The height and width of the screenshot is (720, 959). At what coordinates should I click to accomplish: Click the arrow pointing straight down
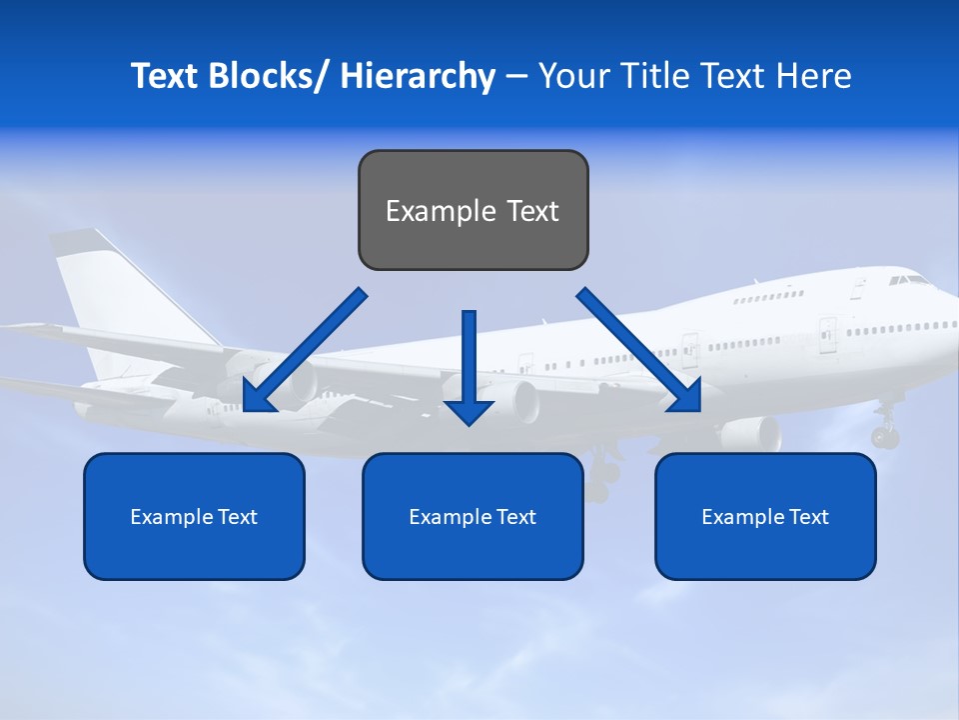pyautogui.click(x=469, y=370)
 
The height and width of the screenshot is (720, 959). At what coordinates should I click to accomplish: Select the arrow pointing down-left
pyautogui.click(x=305, y=350)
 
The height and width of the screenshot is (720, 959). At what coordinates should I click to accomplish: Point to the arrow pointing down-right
pyautogui.click(x=639, y=350)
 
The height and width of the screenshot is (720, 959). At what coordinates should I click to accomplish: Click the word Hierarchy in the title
pyautogui.click(x=418, y=76)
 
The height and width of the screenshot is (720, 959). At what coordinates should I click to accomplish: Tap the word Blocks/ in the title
pyautogui.click(x=271, y=76)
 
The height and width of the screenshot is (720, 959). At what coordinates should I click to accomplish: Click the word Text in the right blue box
pyautogui.click(x=808, y=517)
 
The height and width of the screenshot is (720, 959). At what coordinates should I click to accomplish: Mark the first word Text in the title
pyautogui.click(x=164, y=76)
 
